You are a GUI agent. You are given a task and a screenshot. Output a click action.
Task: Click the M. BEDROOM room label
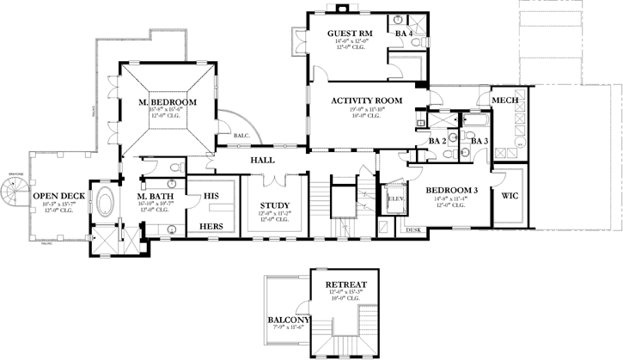[168, 103]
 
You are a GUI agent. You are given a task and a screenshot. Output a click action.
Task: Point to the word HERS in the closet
[211, 227]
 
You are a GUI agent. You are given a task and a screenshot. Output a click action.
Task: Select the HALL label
[262, 161]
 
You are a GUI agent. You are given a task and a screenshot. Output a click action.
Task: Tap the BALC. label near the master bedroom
[241, 136]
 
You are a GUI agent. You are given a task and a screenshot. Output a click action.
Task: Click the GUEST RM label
[348, 34]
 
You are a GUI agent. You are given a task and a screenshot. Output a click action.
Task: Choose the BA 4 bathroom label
[404, 34]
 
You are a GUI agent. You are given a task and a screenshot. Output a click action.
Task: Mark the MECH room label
[503, 101]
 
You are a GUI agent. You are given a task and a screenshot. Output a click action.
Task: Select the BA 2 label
[437, 140]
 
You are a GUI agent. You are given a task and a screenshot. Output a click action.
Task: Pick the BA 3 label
[479, 140]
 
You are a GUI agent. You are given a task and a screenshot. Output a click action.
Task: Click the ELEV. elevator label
[396, 198]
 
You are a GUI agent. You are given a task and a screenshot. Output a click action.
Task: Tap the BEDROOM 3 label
[451, 190]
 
